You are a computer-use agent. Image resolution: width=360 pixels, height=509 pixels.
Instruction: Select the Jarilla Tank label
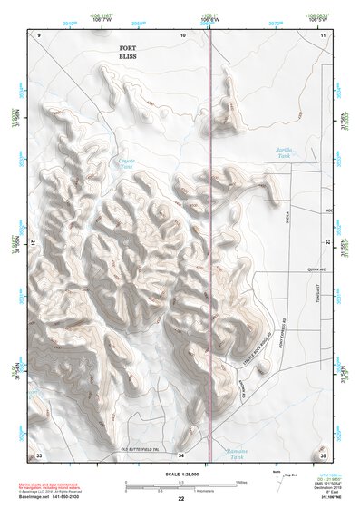coord(286,153)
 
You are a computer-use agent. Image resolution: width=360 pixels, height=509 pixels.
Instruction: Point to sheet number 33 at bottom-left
coord(39,454)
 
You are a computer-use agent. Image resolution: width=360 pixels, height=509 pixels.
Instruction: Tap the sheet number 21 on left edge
coord(34,244)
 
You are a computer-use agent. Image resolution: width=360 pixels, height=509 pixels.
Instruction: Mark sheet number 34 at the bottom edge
coord(181,454)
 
